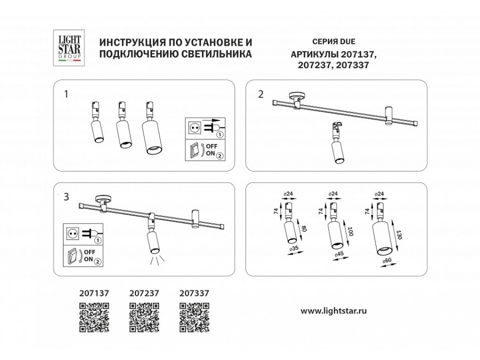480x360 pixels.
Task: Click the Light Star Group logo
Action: [x=69, y=47]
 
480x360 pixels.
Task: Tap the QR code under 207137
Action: [x=94, y=317]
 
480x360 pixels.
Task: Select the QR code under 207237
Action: [x=144, y=317]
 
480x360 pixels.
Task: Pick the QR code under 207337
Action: [x=194, y=317]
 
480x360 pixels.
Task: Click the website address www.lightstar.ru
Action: [x=334, y=311]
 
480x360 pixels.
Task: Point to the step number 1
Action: [x=66, y=94]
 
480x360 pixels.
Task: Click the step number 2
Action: [x=260, y=94]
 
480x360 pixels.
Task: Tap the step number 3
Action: [x=67, y=197]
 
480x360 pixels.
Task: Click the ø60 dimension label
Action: [x=387, y=260]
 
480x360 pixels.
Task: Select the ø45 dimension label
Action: [x=339, y=254]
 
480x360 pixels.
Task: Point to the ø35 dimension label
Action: [x=294, y=249]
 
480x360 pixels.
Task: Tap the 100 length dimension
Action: [x=350, y=231]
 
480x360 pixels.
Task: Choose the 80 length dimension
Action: [x=305, y=228]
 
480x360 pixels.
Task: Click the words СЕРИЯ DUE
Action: [x=334, y=42]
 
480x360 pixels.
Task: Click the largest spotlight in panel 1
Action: [x=152, y=128]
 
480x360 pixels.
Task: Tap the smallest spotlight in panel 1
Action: [x=97, y=123]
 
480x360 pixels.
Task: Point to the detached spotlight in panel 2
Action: [x=338, y=142]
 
